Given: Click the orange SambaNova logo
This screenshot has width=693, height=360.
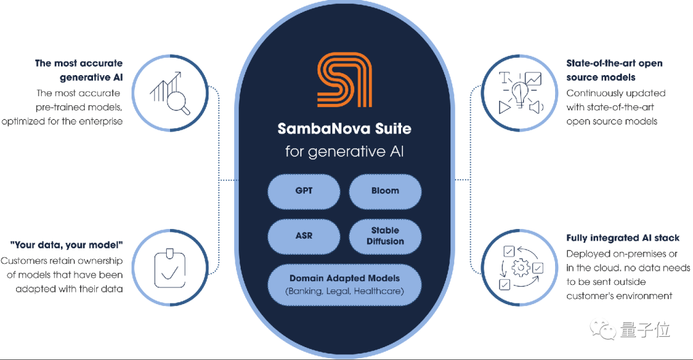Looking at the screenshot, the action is [x=345, y=80].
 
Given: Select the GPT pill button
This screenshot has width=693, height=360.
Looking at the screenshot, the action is [x=304, y=191].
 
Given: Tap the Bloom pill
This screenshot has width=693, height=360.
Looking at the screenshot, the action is [x=385, y=191].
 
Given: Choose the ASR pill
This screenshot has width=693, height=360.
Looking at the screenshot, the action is [x=304, y=236].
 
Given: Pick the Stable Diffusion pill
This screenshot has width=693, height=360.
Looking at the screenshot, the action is [x=385, y=236].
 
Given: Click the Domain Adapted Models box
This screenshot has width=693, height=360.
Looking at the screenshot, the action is [x=345, y=285].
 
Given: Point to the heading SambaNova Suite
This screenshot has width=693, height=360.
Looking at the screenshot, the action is [x=345, y=129].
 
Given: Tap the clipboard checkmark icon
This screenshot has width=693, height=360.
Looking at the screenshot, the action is [x=169, y=268].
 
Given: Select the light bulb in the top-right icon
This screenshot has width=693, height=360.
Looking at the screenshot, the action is [x=520, y=94].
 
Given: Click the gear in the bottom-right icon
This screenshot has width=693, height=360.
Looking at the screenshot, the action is [x=520, y=268].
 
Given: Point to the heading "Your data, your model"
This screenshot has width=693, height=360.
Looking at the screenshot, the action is [x=66, y=245].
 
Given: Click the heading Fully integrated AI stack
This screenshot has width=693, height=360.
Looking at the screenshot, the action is [x=622, y=238].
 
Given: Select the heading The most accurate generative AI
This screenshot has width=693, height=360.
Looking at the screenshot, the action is [x=79, y=71].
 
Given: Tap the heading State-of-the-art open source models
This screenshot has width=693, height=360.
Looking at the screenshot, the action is [x=614, y=71].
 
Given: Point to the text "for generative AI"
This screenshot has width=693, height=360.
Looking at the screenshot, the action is [x=345, y=151].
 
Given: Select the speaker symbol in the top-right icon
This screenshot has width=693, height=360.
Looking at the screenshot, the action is [x=536, y=107].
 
